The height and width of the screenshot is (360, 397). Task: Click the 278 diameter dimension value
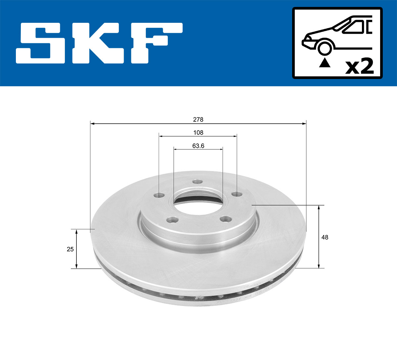point(198,119)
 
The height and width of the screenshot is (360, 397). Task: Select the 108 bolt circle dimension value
point(198,132)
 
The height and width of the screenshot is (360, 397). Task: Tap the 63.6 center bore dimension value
point(198,145)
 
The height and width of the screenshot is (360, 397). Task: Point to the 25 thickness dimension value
point(70,249)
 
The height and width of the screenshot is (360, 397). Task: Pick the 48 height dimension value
point(325,237)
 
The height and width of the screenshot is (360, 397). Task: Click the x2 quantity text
point(359,66)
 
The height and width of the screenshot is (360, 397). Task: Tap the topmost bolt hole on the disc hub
point(198,182)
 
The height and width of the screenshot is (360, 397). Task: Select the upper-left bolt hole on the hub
point(159,195)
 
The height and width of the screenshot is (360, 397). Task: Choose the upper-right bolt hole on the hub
point(236,194)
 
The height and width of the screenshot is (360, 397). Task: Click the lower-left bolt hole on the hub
point(171,220)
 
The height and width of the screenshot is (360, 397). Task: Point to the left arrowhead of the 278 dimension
point(93,124)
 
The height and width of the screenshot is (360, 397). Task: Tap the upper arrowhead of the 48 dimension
point(319,207)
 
